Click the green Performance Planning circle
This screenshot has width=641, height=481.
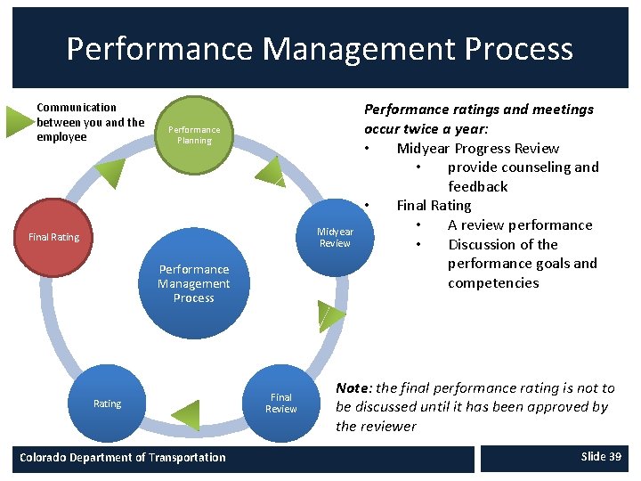tap(194, 135)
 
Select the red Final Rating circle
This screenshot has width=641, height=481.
tap(53, 237)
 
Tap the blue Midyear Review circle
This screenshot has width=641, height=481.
tap(335, 237)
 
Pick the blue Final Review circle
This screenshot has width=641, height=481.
tap(280, 404)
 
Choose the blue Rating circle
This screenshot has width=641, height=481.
tap(107, 404)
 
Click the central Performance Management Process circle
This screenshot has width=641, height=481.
tap(194, 283)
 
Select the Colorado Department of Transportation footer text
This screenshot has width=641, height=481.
tap(123, 458)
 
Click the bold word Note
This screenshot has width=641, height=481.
tap(353, 388)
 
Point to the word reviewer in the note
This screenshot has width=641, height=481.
tap(388, 427)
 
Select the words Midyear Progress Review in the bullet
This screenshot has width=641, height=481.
tap(477, 149)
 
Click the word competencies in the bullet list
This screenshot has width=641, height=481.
tap(493, 283)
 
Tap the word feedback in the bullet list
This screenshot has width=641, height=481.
tap(478, 187)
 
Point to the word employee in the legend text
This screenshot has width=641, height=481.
tap(61, 137)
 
